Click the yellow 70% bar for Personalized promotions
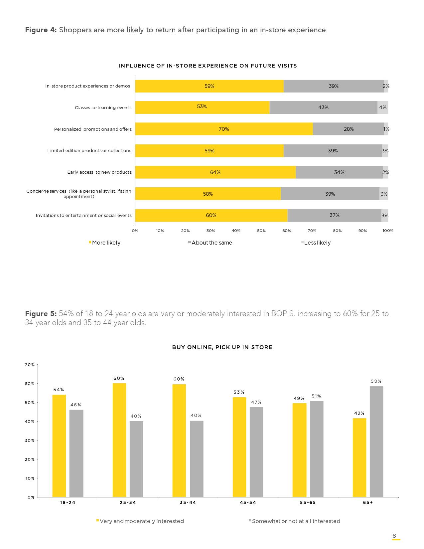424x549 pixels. pyautogui.click(x=224, y=129)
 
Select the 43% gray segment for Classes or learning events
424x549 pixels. pyautogui.click(x=323, y=107)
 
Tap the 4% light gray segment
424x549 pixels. pyautogui.click(x=382, y=107)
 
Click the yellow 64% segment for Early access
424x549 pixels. pyautogui.click(x=215, y=172)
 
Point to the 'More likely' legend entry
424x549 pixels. pyautogui.click(x=105, y=243)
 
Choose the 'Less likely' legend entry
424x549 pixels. pyautogui.click(x=317, y=243)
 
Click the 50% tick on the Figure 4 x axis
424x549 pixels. pyautogui.click(x=261, y=231)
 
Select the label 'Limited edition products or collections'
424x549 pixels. pyautogui.click(x=89, y=151)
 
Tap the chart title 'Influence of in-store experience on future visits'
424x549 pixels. pyautogui.click(x=208, y=66)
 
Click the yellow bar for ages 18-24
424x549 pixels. pyautogui.click(x=59, y=446)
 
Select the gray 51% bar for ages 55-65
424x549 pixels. pyautogui.click(x=316, y=449)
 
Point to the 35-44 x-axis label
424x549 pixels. pyautogui.click(x=188, y=502)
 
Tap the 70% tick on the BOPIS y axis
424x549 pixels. pyautogui.click(x=30, y=365)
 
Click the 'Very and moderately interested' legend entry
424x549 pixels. pyautogui.click(x=141, y=521)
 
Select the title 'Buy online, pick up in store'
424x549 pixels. pyautogui.click(x=222, y=347)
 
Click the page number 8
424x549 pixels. pyautogui.click(x=394, y=536)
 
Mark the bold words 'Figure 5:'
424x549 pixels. pyautogui.click(x=41, y=314)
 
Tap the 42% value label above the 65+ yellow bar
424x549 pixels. pyautogui.click(x=359, y=413)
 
